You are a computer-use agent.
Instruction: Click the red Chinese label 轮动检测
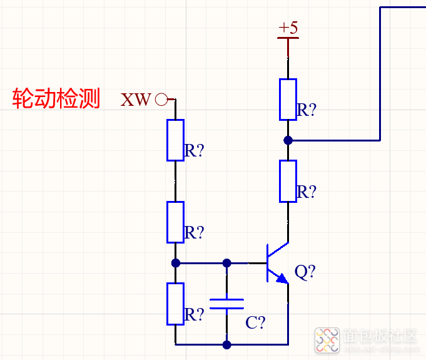pos(56,99)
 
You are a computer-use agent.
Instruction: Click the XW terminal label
pos(136,100)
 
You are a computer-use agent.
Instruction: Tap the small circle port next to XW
pos(161,99)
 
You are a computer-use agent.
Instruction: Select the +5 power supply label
pos(288,28)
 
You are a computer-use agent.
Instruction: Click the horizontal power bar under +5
pos(288,38)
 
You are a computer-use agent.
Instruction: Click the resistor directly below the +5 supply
pos(288,99)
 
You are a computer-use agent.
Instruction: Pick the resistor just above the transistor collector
pos(288,181)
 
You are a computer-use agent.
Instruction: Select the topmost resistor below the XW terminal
pos(175,140)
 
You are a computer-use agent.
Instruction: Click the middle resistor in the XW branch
pos(175,222)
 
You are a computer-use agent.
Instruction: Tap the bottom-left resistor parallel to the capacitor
pos(175,304)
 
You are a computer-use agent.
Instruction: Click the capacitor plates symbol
pos(226,304)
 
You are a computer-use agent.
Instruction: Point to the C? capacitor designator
pos(255,323)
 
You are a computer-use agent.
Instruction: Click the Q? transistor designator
pos(305,272)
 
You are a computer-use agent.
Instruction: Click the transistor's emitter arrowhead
pos(283,277)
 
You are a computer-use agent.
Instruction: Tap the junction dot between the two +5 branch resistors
pos(288,140)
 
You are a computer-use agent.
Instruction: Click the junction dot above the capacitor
pos(226,263)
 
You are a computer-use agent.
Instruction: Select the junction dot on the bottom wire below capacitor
pos(226,344)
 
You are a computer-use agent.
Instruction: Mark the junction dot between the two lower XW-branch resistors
pos(175,263)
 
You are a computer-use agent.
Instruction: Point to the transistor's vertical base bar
pos(268,263)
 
